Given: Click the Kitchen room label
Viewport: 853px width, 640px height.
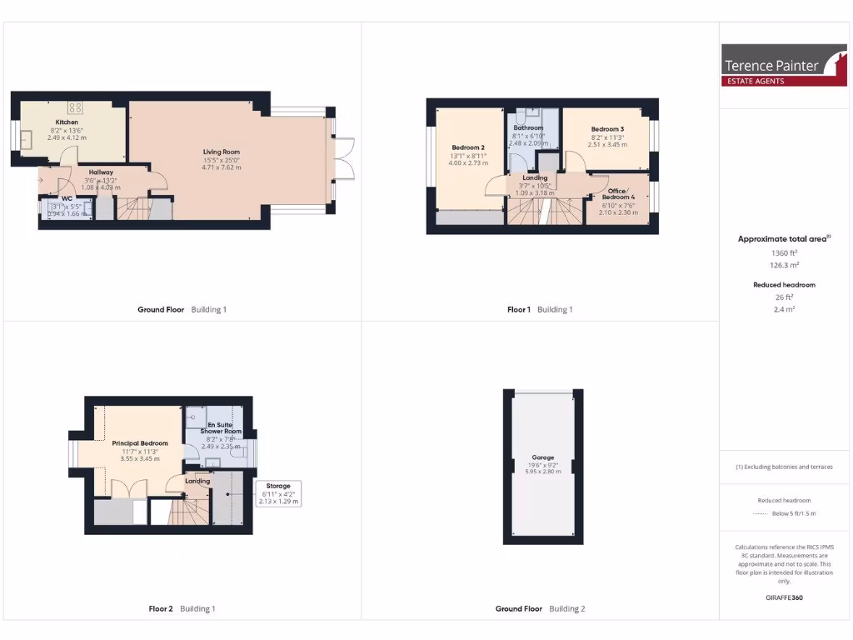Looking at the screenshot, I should pos(67,122).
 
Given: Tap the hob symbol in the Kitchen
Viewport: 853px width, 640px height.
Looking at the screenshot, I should pos(75,107).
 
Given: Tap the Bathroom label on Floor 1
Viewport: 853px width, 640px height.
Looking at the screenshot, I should pos(528,127).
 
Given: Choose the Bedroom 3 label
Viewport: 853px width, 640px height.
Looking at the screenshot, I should pos(607,129).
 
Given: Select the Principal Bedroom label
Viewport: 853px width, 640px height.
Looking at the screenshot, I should pos(140,443).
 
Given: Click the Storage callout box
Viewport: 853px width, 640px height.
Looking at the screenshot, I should pos(279,493).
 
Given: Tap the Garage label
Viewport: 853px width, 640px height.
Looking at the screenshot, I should pos(543,457).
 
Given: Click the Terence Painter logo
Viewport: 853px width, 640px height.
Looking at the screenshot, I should pos(772,65).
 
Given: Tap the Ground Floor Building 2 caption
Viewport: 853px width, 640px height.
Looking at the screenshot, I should pos(540,608).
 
